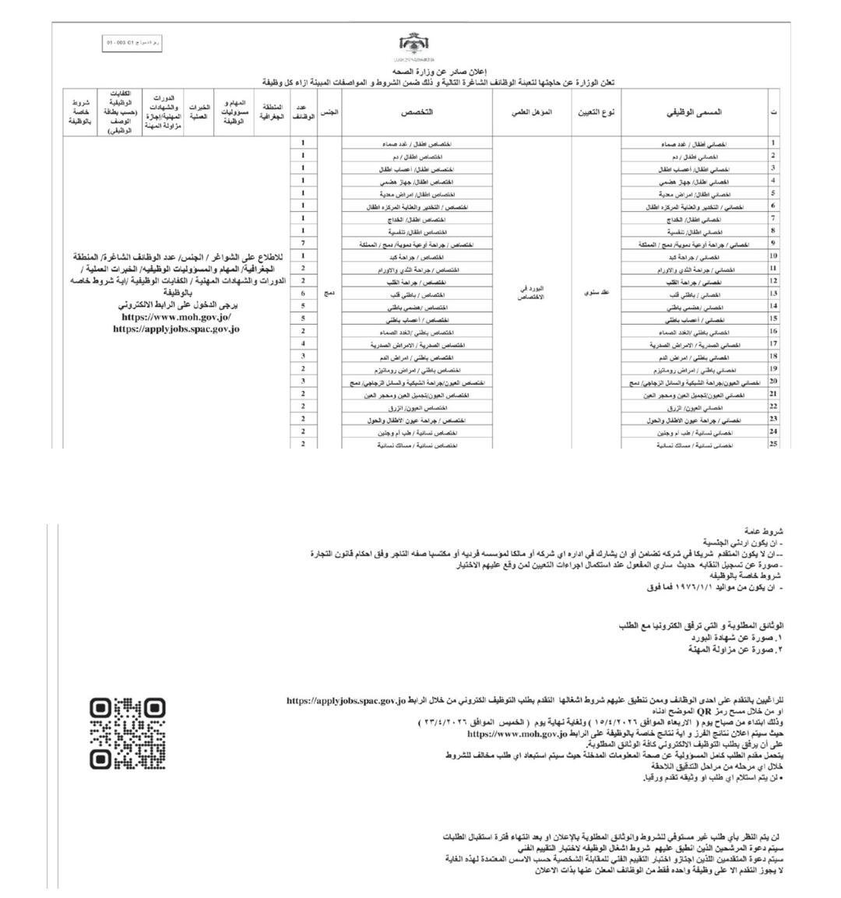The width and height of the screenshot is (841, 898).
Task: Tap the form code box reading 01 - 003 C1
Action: coord(132,43)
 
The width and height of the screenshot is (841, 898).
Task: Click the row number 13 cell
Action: coord(773,294)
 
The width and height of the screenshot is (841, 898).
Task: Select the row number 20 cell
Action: coord(773,382)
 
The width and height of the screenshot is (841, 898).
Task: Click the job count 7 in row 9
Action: coord(303,244)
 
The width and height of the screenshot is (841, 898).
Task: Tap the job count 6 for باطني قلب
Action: coord(303,294)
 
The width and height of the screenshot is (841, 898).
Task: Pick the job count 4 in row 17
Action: coord(303,343)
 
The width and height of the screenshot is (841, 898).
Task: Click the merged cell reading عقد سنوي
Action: coord(596,294)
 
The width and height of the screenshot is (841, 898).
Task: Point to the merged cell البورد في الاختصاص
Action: coord(532,294)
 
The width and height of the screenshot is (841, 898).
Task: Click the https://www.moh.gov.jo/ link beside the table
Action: coord(176,318)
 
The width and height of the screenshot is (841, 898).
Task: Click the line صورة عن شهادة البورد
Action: coord(734,637)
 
